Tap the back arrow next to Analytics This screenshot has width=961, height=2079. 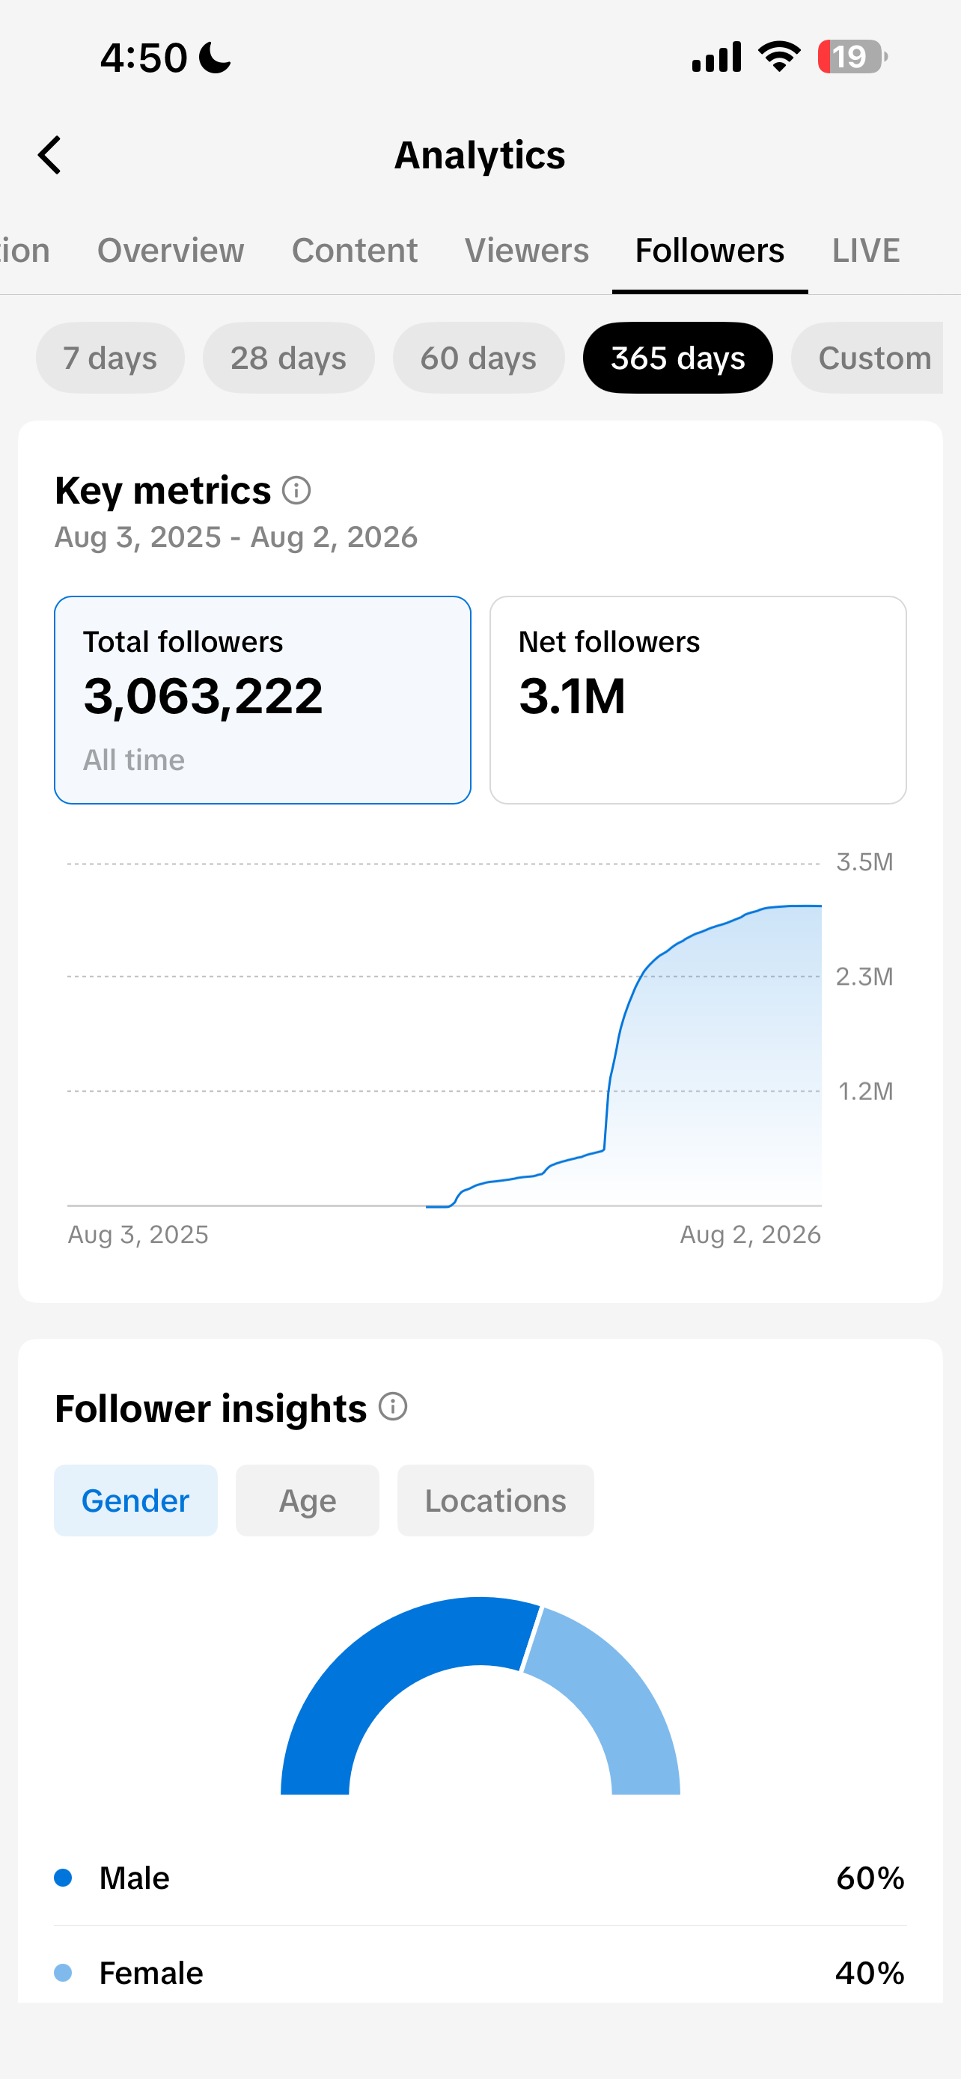(50, 155)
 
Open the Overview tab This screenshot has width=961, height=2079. (170, 250)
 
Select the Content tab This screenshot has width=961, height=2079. (354, 250)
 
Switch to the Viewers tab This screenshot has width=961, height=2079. (527, 250)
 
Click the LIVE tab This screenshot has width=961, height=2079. (866, 250)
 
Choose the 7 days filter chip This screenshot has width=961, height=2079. (110, 358)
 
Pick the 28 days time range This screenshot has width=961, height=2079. (288, 358)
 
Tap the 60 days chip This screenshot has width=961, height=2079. (478, 358)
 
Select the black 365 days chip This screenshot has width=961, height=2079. (678, 358)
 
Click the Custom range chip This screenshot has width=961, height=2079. (867, 358)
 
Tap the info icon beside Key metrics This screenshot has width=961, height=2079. (296, 490)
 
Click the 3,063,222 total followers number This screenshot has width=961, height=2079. (204, 696)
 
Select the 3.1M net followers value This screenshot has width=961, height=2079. (572, 696)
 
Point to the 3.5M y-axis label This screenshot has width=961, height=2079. (864, 862)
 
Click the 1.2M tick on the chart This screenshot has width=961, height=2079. (865, 1091)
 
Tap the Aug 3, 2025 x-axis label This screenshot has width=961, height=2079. (138, 1234)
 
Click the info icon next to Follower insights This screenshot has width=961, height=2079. (393, 1407)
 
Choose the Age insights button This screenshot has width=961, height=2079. (308, 1501)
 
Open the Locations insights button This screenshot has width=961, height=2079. (495, 1501)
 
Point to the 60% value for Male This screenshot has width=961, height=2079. (870, 1878)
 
